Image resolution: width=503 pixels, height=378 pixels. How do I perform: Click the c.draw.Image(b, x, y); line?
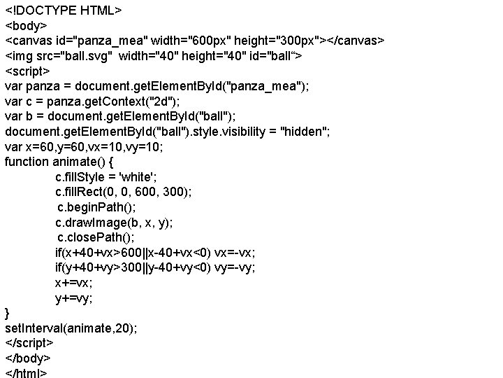coord(115,223)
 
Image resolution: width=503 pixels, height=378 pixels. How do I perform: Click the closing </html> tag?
coord(27,372)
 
